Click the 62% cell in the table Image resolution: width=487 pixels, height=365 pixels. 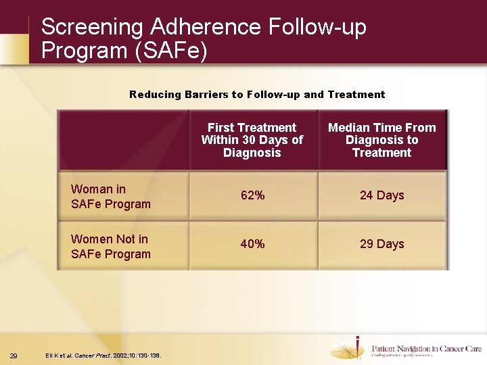[253, 195]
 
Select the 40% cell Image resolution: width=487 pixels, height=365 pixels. [253, 244]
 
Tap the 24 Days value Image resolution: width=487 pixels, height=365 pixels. [381, 195]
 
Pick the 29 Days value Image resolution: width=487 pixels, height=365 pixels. [381, 244]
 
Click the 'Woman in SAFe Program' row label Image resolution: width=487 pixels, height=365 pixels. [111, 197]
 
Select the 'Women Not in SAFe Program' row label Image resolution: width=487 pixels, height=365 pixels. [111, 247]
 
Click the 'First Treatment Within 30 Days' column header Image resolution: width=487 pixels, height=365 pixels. [252, 140]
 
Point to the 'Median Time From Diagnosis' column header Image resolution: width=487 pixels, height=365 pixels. [381, 140]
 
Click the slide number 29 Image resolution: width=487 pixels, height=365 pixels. [14, 356]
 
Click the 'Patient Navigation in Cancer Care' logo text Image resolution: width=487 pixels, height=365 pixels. [426, 349]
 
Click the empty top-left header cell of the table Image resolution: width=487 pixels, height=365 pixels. [124, 140]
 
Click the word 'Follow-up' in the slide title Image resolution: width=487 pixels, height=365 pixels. [317, 27]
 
